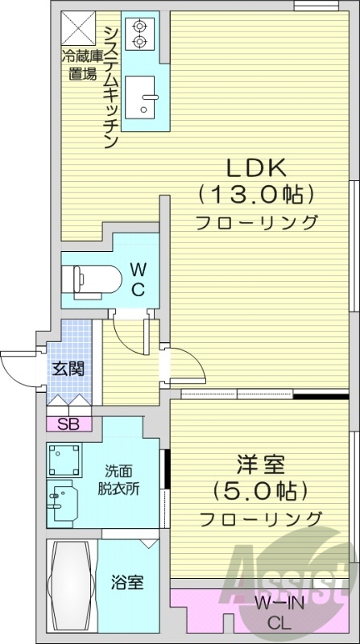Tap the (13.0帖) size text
255,194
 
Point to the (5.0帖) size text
259,490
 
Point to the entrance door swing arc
18,366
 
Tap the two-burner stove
139,32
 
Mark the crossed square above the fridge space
80,30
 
